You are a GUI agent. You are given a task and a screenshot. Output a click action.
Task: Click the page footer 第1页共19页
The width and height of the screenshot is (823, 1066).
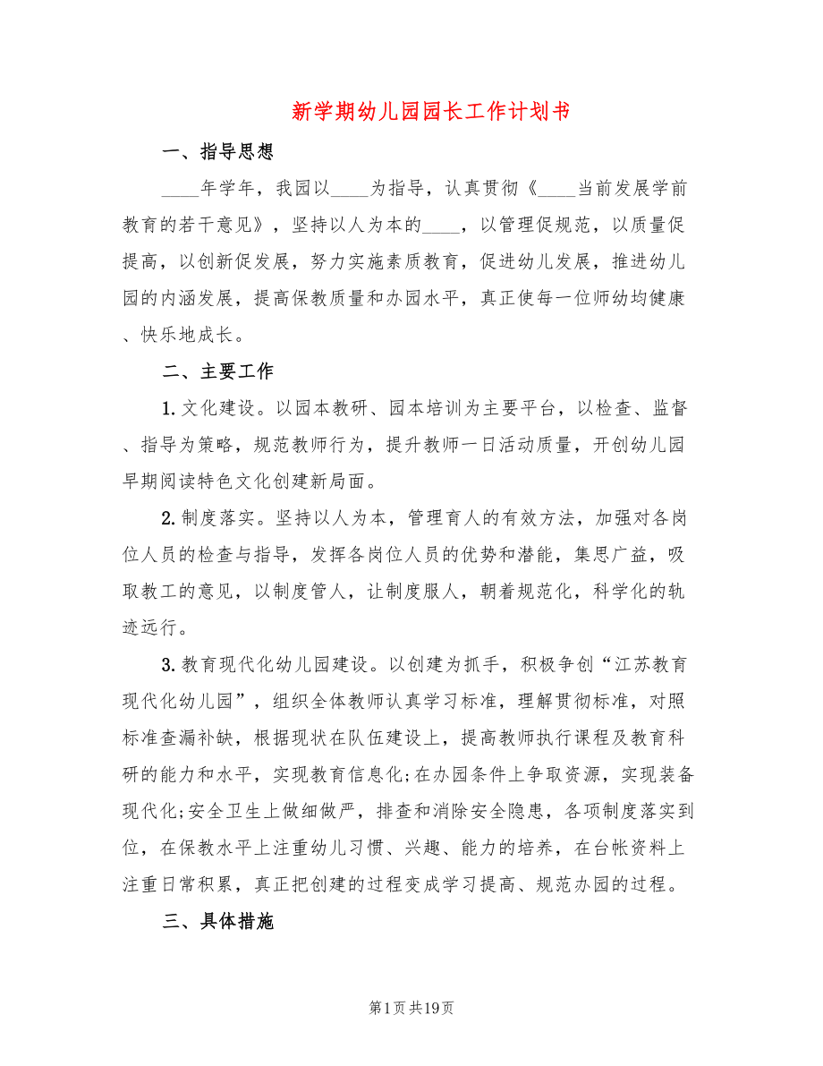pyautogui.click(x=411, y=1008)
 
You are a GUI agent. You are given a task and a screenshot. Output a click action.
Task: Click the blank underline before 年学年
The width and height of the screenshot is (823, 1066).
pyautogui.click(x=182, y=190)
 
